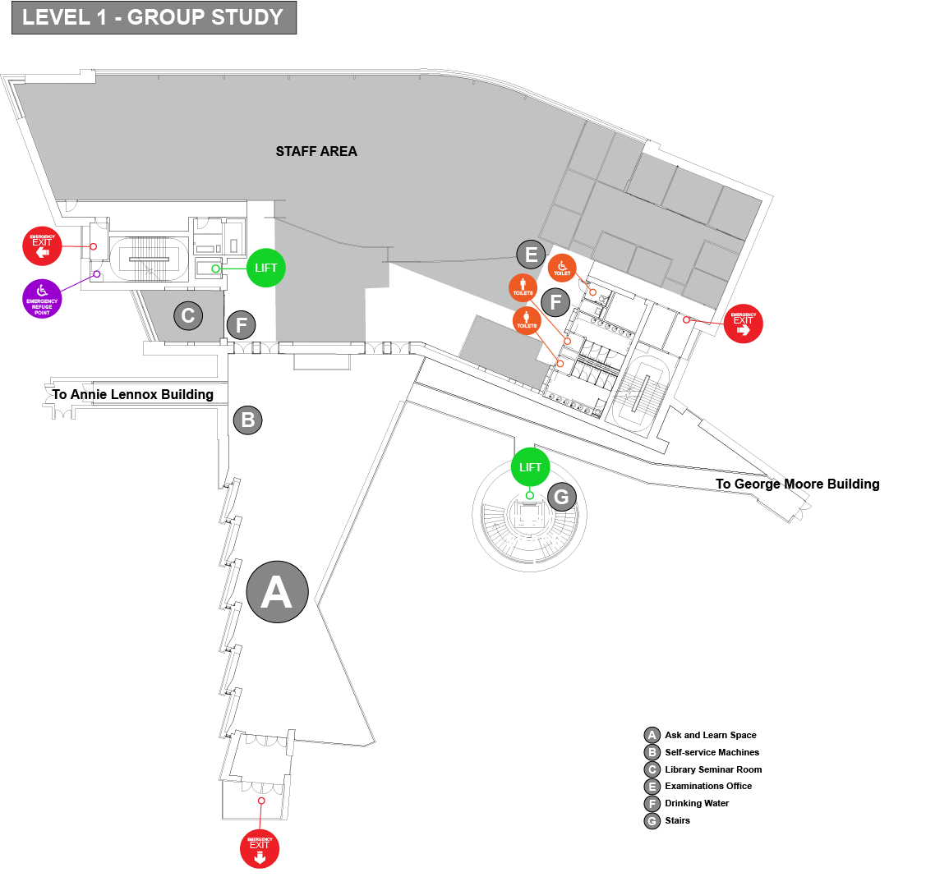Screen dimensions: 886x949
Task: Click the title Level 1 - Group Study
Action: (x=153, y=17)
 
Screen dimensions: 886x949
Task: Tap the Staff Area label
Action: (x=316, y=151)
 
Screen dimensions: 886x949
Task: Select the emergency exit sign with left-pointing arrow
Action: (x=42, y=246)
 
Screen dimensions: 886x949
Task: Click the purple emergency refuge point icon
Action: (x=42, y=297)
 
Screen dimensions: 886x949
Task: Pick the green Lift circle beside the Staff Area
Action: (x=266, y=268)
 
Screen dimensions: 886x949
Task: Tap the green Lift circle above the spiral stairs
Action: (x=531, y=467)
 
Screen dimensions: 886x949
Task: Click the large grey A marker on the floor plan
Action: (x=277, y=591)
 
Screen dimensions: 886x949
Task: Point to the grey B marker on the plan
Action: (x=247, y=420)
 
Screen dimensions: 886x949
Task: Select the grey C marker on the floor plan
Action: (x=188, y=315)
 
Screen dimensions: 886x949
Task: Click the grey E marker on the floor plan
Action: (x=532, y=255)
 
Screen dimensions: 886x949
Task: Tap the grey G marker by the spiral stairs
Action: (x=562, y=496)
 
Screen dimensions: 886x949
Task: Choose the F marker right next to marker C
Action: (x=242, y=325)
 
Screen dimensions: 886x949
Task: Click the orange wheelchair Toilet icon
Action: (x=562, y=268)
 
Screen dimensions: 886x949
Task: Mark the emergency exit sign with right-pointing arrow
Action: (x=744, y=324)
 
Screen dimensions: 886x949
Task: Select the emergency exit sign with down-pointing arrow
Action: (x=260, y=848)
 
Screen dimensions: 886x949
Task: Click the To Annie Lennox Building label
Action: (x=133, y=394)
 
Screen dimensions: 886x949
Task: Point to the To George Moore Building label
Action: (x=797, y=484)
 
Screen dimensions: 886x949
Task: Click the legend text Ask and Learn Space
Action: (x=710, y=735)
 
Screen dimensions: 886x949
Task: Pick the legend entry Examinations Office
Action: (x=707, y=786)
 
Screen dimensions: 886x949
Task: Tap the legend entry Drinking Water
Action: (x=697, y=803)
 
